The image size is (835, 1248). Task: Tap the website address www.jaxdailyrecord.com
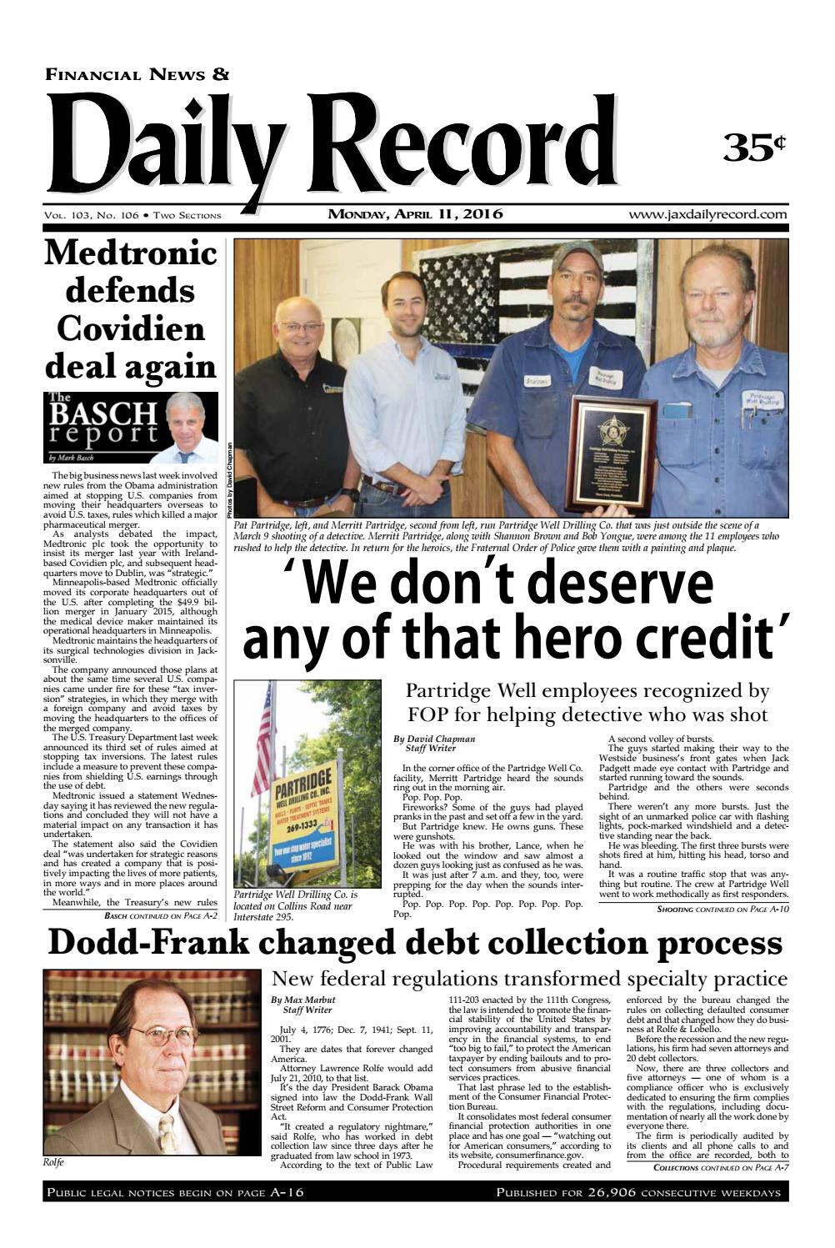pos(708,214)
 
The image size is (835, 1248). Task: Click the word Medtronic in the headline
pos(130,253)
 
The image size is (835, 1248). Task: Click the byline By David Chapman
pos(434,739)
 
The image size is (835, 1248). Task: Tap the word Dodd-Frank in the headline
pos(159,944)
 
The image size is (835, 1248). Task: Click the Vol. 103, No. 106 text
pos(92,215)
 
